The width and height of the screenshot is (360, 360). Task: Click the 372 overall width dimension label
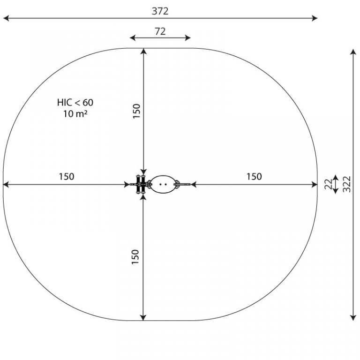[160, 11]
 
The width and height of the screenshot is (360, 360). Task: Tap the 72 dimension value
[160, 31]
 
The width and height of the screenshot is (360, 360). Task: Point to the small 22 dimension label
[329, 184]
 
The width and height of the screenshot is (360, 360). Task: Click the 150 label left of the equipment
[67, 177]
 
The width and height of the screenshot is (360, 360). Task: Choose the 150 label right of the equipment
[254, 177]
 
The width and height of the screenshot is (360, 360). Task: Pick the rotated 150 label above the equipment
[136, 111]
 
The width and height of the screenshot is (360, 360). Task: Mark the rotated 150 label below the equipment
[135, 257]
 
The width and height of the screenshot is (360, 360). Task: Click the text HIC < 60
[75, 102]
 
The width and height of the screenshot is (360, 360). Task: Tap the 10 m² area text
[75, 113]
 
